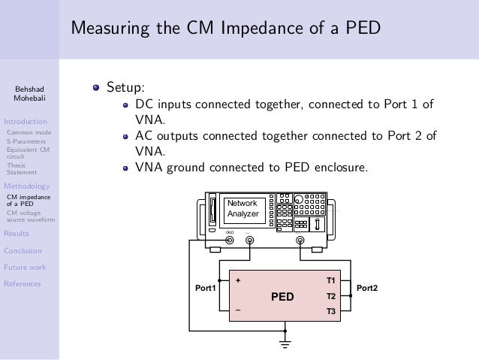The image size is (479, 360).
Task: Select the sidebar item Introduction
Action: pyautogui.click(x=26, y=120)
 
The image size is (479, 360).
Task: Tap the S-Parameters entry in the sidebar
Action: pyautogui.click(x=26, y=141)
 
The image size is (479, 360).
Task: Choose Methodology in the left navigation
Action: pyautogui.click(x=26, y=186)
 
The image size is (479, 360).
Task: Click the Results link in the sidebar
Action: pyautogui.click(x=17, y=233)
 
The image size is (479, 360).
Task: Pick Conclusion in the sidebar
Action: pyautogui.click(x=23, y=250)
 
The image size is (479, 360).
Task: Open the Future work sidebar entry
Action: pyautogui.click(x=25, y=267)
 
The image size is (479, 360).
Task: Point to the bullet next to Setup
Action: pyautogui.click(x=95, y=86)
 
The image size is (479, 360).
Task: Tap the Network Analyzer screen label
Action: pyautogui.click(x=243, y=209)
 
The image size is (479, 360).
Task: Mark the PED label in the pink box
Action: pyautogui.click(x=283, y=296)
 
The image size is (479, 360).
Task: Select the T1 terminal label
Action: pyautogui.click(x=330, y=280)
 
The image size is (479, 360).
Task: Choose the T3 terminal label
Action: pyautogui.click(x=330, y=310)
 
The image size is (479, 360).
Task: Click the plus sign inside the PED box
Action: pyautogui.click(x=238, y=281)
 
